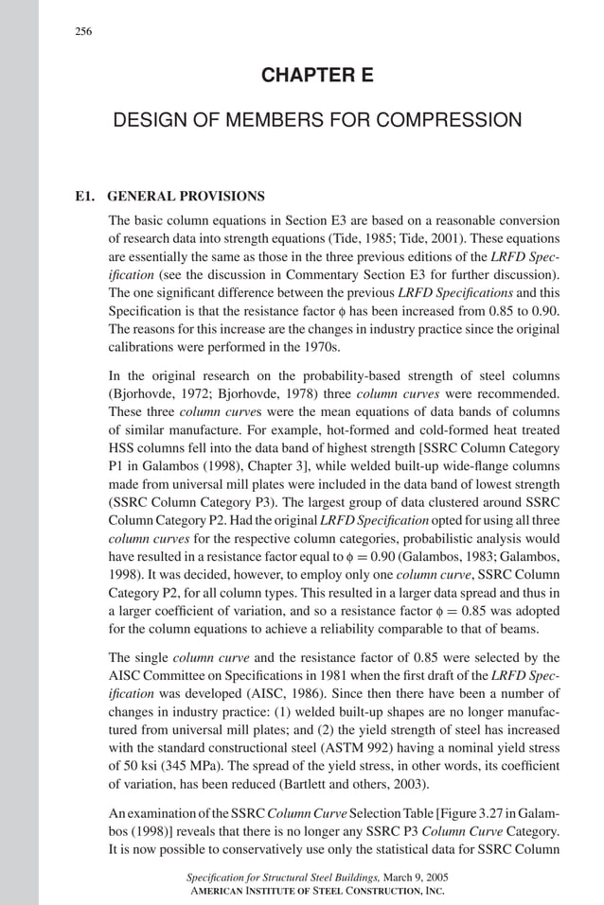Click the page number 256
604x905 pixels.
(83, 32)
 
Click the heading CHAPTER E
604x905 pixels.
(317, 75)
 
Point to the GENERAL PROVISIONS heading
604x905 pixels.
(187, 197)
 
